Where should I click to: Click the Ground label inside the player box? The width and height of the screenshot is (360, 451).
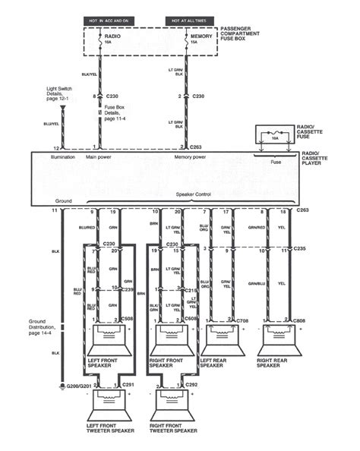[64, 200]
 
